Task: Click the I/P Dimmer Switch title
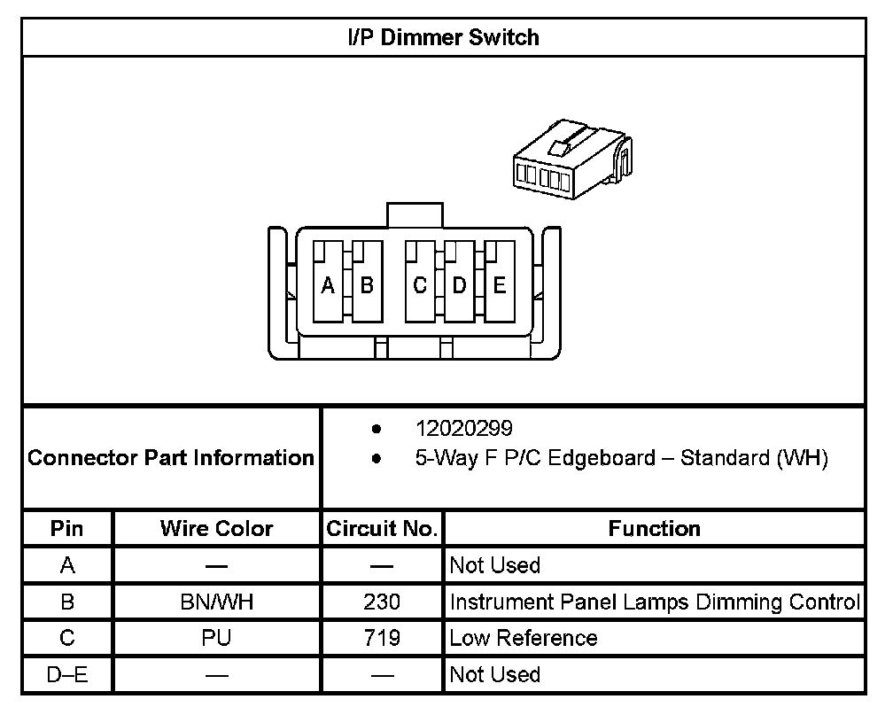[x=443, y=37]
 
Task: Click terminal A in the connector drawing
[x=328, y=285]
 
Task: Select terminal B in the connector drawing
[x=367, y=285]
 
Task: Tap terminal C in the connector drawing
[x=420, y=285]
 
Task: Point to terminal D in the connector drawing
[x=459, y=285]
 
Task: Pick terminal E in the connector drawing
[x=499, y=285]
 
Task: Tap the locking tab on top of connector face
[x=414, y=214]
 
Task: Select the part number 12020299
[x=463, y=429]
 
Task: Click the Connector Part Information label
[x=171, y=458]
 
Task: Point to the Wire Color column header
[x=216, y=529]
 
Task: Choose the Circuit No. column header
[x=382, y=529]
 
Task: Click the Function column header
[x=654, y=529]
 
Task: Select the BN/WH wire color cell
[x=216, y=602]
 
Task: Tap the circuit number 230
[x=382, y=602]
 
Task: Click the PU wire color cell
[x=216, y=638]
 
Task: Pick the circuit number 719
[x=382, y=638]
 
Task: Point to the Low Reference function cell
[x=524, y=638]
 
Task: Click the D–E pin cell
[x=67, y=675]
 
